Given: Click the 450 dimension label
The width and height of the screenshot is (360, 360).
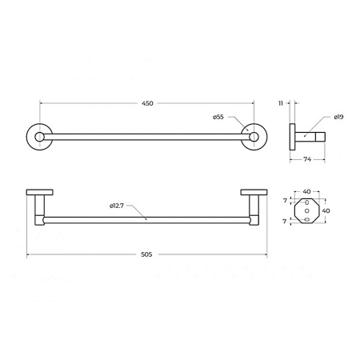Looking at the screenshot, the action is pos(147,103).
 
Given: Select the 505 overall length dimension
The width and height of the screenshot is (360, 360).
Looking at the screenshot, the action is pos(146,254).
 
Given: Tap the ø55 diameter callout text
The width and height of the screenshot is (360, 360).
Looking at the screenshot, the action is pos(218,117).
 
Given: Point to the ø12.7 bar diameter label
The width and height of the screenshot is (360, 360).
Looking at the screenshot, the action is pos(117,206).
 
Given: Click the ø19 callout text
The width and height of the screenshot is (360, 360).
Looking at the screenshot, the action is pos(338,117).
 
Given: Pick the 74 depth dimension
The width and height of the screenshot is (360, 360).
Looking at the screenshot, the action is pos(307,159).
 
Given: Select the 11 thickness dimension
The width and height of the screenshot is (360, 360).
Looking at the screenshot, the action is pos(281,103).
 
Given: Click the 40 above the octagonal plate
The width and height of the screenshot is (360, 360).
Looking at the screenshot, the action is pos(306,191).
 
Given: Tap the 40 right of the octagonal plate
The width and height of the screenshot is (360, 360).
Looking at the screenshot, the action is pos(326,210).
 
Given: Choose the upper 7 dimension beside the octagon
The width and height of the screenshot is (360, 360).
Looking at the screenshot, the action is pos(285,200).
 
